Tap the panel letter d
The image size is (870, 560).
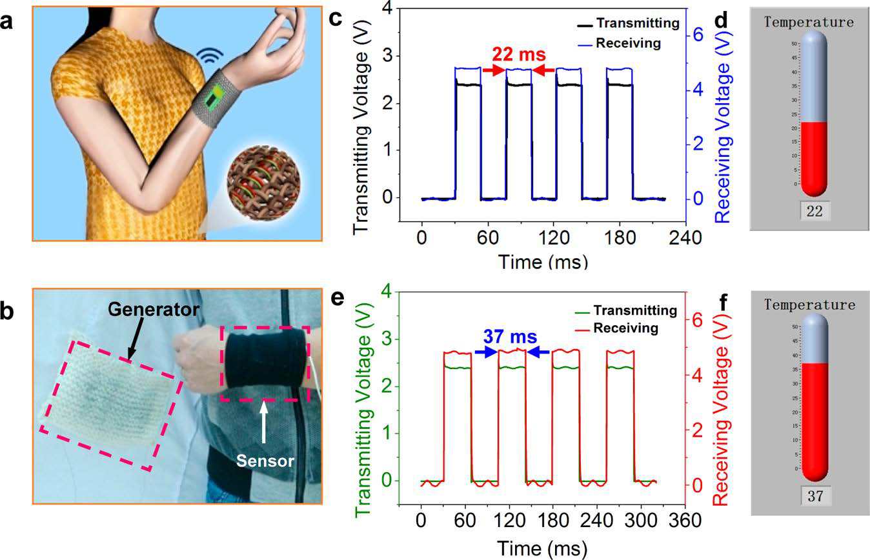722,21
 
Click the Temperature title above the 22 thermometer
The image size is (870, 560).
809,22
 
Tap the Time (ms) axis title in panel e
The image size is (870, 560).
541,548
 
